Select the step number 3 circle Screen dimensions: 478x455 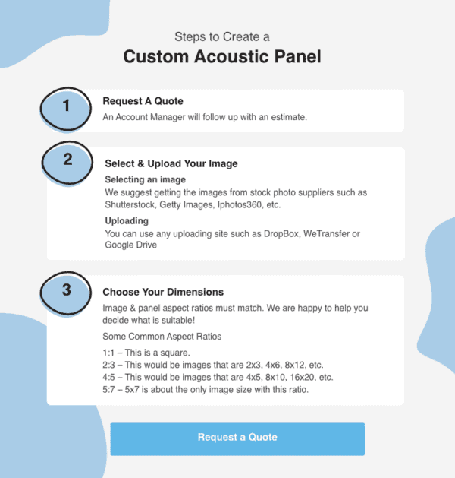coord(67,289)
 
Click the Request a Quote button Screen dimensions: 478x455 coord(237,438)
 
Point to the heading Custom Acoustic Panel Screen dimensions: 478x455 coord(222,56)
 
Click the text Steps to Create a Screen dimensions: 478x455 coord(221,36)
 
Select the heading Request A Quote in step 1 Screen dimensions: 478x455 coord(143,101)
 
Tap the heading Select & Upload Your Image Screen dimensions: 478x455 coord(171,163)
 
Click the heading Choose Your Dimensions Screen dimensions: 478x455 coord(163,292)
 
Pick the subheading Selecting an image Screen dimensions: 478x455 coord(145,179)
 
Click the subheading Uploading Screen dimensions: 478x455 coord(127,220)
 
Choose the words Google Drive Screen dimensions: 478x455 coord(130,245)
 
